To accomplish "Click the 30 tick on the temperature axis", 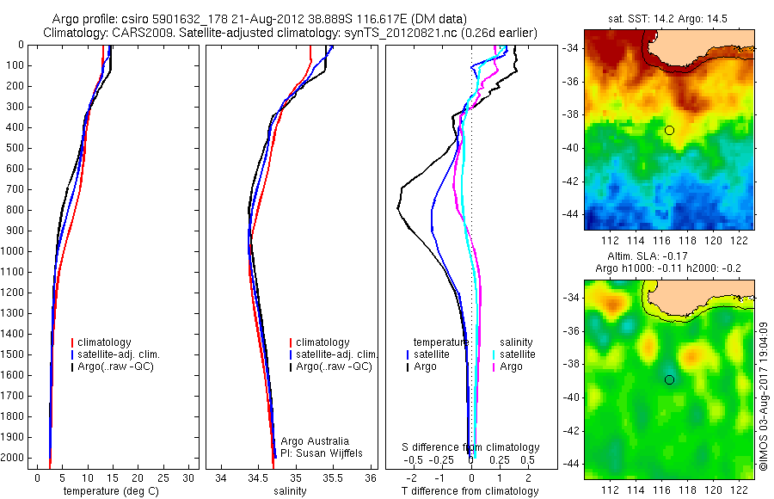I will click(x=189, y=477).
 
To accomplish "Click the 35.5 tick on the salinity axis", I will click(x=333, y=477).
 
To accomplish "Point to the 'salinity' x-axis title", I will click(x=291, y=491).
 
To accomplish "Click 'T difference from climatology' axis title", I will click(x=470, y=491).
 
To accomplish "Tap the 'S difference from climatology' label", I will click(x=471, y=447).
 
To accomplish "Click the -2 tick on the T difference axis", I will click(x=411, y=477).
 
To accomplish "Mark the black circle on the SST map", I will click(x=669, y=130).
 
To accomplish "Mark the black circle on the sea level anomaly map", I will click(x=669, y=379).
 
